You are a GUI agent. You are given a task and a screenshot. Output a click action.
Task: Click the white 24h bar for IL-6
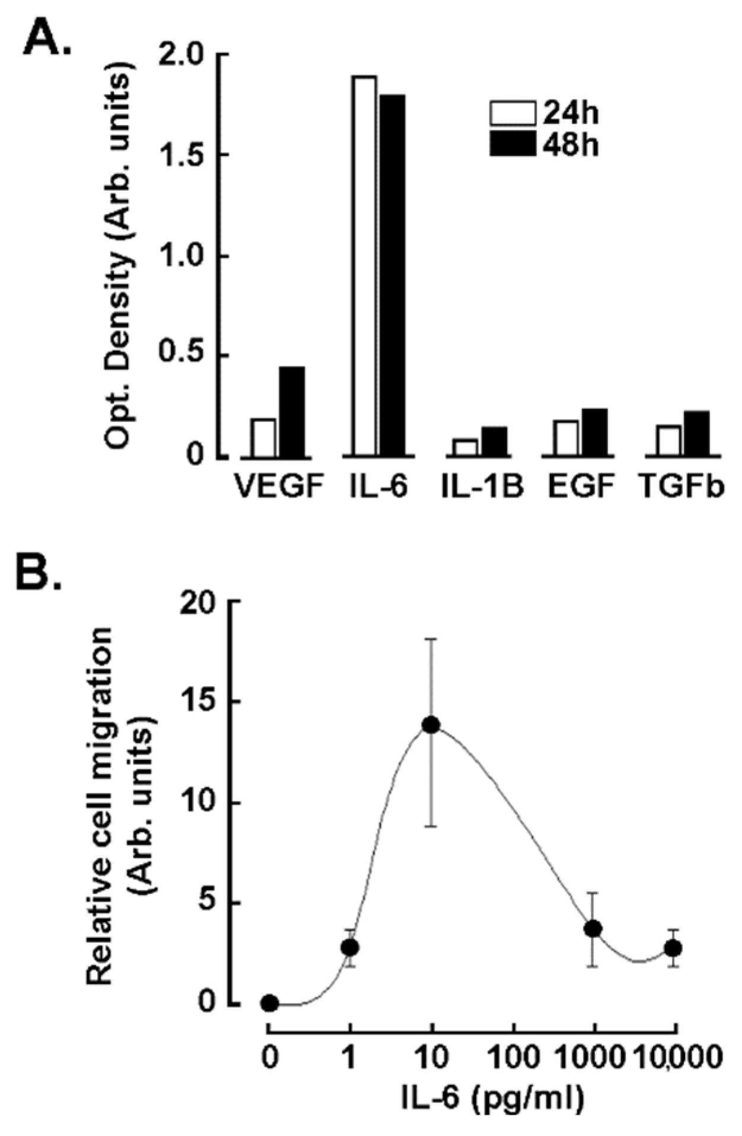[x=364, y=267]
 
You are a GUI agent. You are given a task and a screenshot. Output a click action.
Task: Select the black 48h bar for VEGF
[x=292, y=412]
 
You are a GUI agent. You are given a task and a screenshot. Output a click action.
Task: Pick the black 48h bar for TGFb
[x=696, y=434]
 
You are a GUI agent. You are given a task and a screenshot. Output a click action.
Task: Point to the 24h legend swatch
[x=513, y=113]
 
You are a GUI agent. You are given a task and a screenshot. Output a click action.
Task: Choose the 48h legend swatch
[x=513, y=145]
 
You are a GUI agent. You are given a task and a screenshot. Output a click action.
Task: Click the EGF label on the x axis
[x=579, y=488]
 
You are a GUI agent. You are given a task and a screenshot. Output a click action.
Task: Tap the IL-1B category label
[x=482, y=488]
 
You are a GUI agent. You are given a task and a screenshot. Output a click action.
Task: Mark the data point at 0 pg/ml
[x=270, y=1003]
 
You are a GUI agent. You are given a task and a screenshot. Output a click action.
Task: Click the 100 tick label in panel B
[x=514, y=1056]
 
